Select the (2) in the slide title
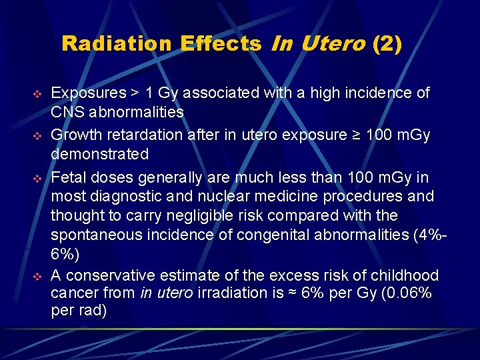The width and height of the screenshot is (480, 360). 387,45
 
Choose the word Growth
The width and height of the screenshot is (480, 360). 75,135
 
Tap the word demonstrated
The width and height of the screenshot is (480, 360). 100,154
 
